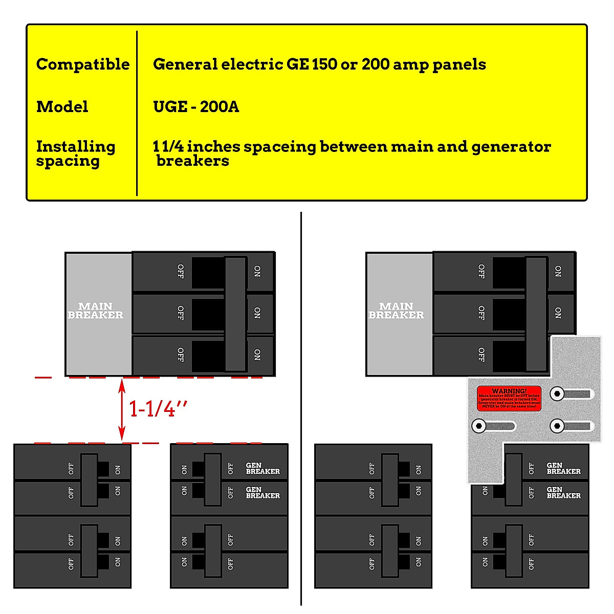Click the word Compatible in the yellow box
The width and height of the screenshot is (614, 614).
(x=83, y=64)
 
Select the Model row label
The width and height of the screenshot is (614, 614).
(x=62, y=107)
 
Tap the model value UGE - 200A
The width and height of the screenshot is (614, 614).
(x=196, y=107)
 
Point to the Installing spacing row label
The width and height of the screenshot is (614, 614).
(x=75, y=153)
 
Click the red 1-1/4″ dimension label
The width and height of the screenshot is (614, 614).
(x=158, y=409)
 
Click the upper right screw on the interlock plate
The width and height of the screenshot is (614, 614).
(x=557, y=393)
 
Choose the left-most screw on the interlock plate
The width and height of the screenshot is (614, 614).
(x=479, y=426)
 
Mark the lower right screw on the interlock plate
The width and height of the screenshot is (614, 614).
(x=557, y=426)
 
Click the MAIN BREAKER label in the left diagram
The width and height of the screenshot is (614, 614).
(x=96, y=311)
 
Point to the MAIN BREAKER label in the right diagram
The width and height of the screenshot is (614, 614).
(x=397, y=311)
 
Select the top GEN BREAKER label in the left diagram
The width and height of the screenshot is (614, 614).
(x=262, y=468)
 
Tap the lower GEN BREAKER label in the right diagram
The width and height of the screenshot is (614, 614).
(x=563, y=492)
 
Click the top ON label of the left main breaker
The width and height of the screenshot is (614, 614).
(x=257, y=271)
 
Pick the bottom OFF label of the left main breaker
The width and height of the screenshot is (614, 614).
(x=180, y=355)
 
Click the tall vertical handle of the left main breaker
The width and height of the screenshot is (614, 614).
(x=235, y=313)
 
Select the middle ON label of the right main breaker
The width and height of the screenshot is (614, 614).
(x=558, y=313)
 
